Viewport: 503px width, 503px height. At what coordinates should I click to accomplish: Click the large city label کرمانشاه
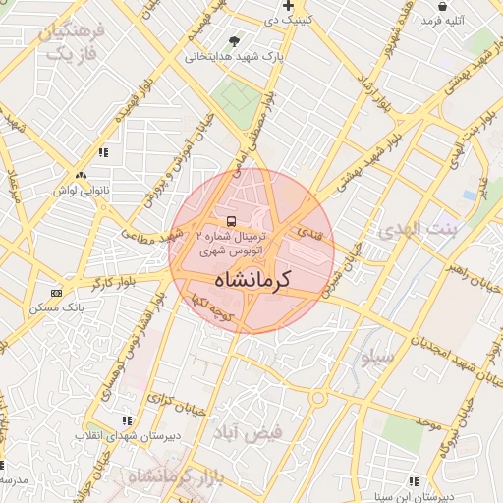[x=252, y=278]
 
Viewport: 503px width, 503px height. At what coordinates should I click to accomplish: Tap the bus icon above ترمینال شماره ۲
[x=231, y=221]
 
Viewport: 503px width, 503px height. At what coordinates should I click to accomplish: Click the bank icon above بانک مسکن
[x=56, y=293]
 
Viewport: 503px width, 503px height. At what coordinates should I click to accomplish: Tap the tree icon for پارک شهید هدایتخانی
[x=233, y=41]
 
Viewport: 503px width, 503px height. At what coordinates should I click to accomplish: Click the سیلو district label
[x=379, y=358]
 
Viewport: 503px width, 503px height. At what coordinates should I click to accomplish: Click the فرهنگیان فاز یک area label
[x=73, y=41]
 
